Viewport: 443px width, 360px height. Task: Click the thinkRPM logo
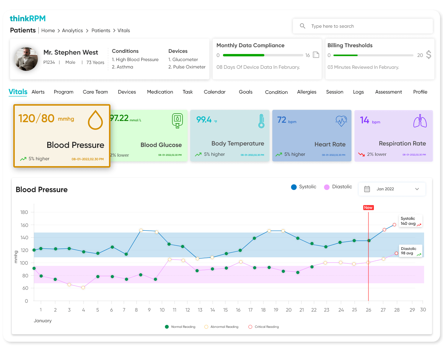coord(28,19)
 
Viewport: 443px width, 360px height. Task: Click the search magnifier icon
coord(302,26)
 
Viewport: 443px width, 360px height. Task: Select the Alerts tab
coord(38,92)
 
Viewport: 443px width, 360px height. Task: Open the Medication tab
coord(160,92)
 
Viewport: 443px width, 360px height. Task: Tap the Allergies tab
coord(307,92)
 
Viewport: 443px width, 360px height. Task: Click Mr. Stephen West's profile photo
coord(26,59)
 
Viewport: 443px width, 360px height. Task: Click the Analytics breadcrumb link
coord(72,30)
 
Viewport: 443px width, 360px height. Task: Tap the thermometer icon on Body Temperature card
coord(261,121)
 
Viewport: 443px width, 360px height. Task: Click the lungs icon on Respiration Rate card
coord(420,121)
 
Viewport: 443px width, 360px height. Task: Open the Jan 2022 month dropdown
coord(392,189)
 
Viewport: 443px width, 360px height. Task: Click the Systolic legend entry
coord(304,187)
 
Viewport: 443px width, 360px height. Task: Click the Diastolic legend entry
coord(338,187)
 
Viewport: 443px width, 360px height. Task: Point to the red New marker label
coord(368,207)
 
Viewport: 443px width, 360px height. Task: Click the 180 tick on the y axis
coord(24,212)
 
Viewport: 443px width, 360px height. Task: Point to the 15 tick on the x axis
coord(225,310)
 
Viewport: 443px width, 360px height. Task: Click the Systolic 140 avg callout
coord(410,221)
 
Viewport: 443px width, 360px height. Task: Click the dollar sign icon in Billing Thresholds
coord(429,55)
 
